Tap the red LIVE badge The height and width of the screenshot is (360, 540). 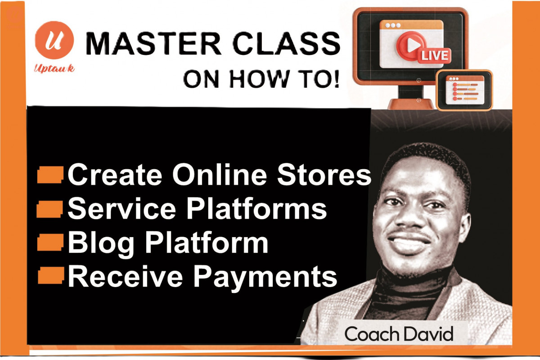[434, 56]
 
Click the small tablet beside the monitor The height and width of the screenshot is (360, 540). [464, 90]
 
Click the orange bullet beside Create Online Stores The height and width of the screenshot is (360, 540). [50, 175]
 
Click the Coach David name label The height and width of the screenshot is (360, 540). [399, 334]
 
